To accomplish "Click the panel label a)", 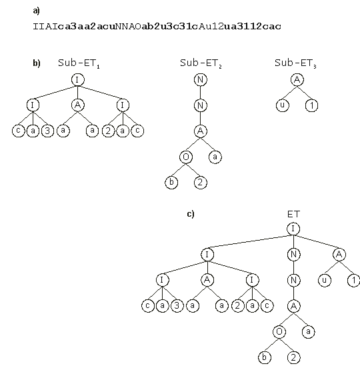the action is [x=37, y=11].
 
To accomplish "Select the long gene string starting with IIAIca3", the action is [x=157, y=26].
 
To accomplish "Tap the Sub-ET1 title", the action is [x=79, y=63].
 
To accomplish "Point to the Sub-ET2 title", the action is [x=201, y=63].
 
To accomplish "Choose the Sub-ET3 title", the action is [x=295, y=63].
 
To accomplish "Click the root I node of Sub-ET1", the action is [x=78, y=80].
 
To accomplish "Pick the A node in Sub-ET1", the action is [x=78, y=105].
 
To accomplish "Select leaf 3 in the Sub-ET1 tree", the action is [x=47, y=131].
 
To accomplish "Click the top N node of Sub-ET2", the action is [x=201, y=80].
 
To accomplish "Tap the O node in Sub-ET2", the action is [x=186, y=157].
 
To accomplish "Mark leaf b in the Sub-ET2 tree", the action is [x=171, y=183].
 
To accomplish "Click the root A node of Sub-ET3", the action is [x=297, y=80].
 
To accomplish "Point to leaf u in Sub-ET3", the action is [x=283, y=105].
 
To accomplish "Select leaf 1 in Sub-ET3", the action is [x=311, y=105].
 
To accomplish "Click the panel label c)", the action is [x=191, y=214].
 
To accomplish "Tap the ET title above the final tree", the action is [x=293, y=214].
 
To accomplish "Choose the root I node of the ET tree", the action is [x=293, y=229].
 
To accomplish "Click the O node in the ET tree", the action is [x=279, y=331].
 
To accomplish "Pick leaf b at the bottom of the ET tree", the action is [x=265, y=357].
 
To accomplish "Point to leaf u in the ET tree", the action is [x=325, y=280].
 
